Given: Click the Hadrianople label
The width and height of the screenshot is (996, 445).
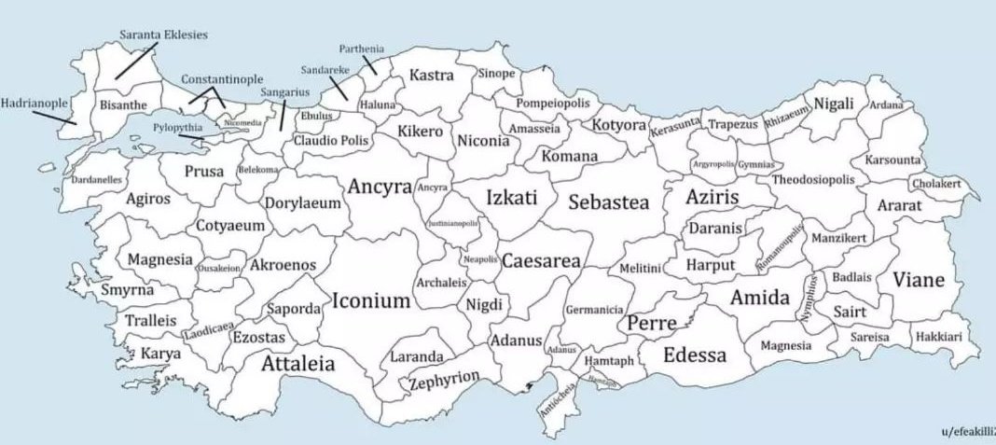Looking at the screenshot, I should tap(35, 103).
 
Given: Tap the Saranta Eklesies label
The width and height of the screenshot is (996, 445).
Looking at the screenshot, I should tap(164, 35).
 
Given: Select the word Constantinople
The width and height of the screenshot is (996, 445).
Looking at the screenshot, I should tap(221, 80).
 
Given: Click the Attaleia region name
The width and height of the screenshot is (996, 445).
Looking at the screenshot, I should tap(298, 364).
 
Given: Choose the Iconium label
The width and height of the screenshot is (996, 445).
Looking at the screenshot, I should tap(370, 301).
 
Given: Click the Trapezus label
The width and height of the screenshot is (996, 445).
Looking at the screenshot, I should tap(735, 123).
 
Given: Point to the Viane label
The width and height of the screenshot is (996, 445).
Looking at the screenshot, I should tap(919, 280).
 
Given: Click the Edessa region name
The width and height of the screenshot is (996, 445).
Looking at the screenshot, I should tap(695, 355).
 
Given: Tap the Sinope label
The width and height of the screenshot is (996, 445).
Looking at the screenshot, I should tap(496, 73).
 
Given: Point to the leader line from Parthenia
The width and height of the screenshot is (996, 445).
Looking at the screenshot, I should tap(371, 64).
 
